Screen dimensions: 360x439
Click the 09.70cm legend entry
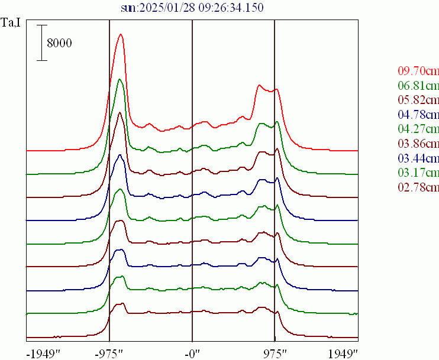point(418,71)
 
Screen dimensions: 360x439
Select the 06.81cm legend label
point(418,86)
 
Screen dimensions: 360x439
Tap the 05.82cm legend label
point(418,100)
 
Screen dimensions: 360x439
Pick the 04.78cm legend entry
point(418,115)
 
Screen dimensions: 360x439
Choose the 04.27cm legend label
point(418,129)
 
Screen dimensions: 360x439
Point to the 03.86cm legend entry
point(418,144)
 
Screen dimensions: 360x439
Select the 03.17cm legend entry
point(418,173)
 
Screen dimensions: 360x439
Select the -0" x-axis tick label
point(192,353)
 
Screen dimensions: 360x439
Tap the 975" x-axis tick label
point(275,353)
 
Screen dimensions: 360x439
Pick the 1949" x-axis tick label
point(344,353)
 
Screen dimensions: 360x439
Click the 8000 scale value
point(59,43)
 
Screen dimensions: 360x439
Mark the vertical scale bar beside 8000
point(41,43)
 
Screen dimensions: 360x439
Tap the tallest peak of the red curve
point(121,34)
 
